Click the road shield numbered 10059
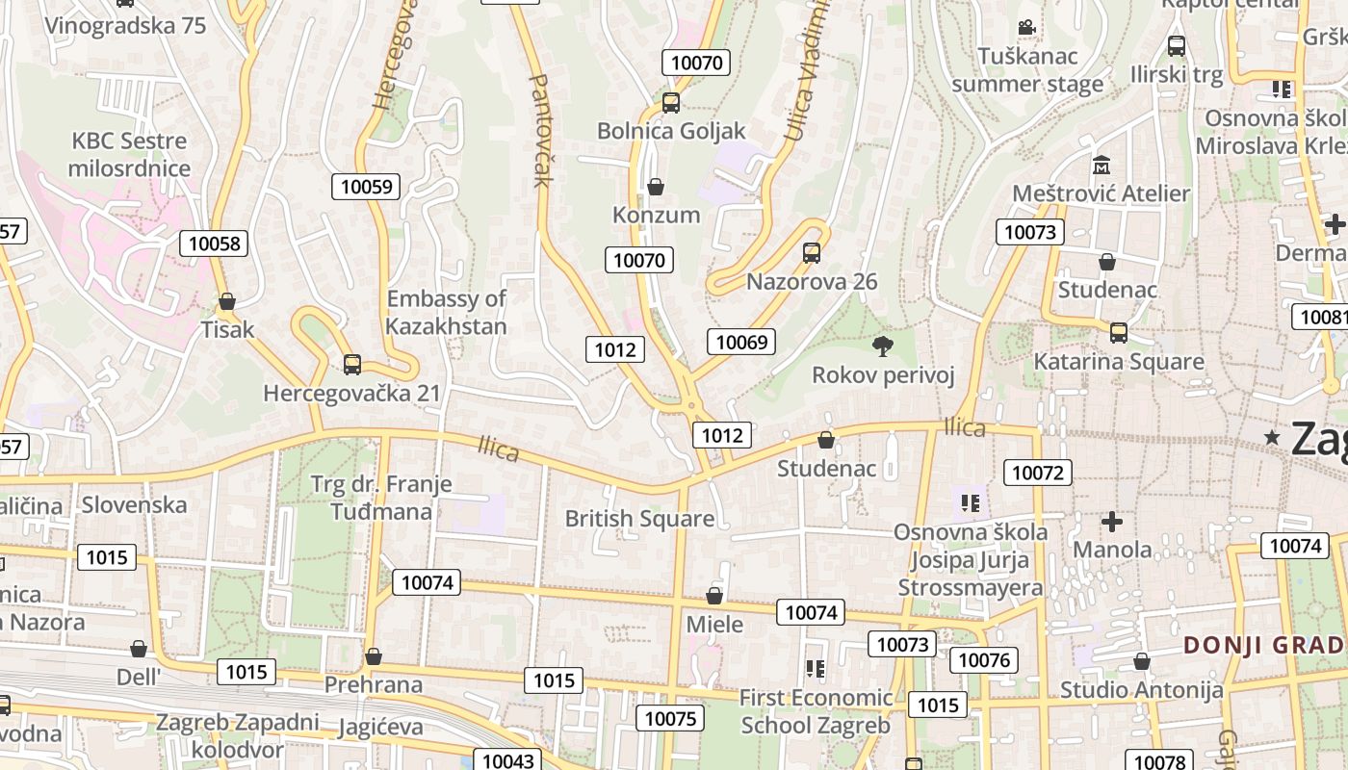366,187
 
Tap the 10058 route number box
215,244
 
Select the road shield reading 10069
741,342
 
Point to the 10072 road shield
1037,472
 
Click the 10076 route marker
983,659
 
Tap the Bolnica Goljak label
671,131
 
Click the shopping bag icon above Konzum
656,187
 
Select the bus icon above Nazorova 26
812,253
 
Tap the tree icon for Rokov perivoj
882,346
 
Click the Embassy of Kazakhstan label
446,312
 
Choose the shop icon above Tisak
227,301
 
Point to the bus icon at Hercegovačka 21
352,365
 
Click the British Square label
639,519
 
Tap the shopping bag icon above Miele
714,596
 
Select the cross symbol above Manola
1112,523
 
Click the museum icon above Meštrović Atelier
1102,166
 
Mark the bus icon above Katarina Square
1118,333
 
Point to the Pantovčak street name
539,130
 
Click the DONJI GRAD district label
1263,645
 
